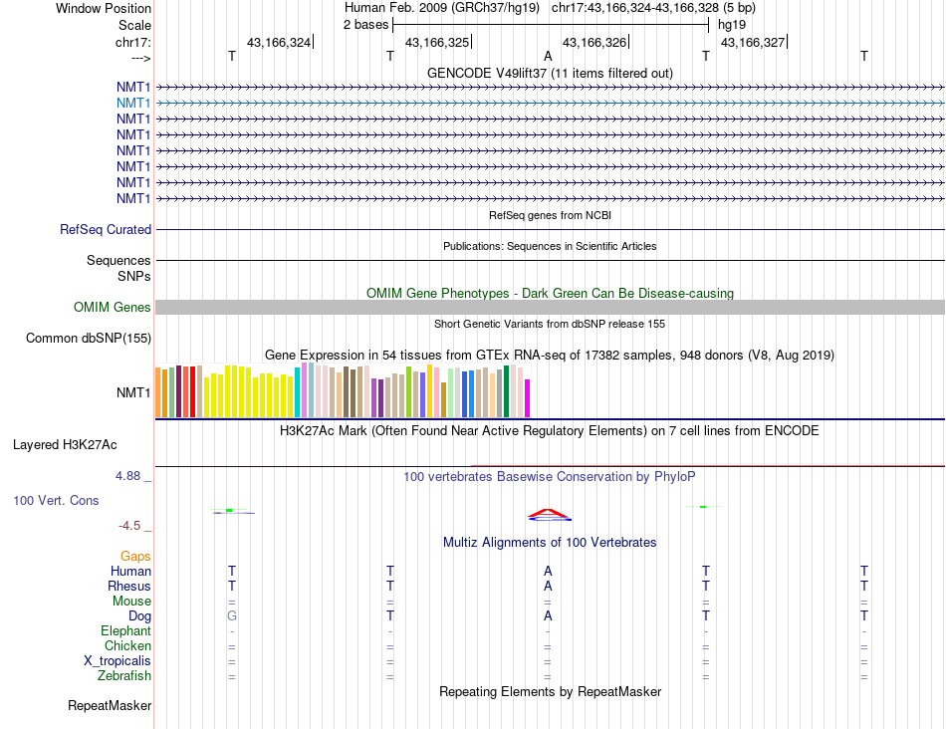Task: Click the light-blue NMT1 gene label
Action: coord(133,103)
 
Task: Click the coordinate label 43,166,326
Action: coord(594,42)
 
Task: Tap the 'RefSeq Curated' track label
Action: coord(106,229)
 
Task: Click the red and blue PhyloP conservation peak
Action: coord(549,515)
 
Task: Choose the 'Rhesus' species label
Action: coord(129,587)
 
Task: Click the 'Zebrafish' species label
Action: coord(125,676)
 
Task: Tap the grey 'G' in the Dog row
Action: coord(232,616)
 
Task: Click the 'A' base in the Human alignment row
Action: coord(548,572)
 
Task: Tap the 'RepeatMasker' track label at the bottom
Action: coord(110,706)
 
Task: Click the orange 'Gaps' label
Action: coord(135,556)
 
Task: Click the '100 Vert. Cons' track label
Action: coord(56,500)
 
